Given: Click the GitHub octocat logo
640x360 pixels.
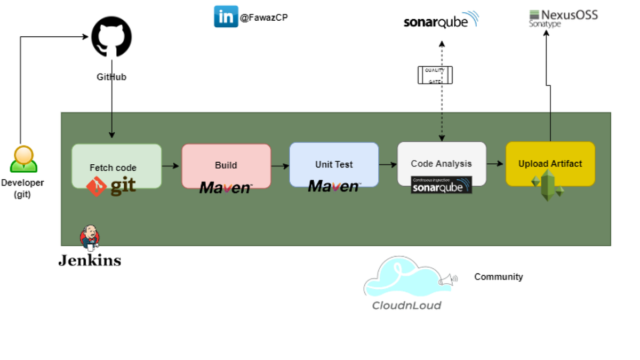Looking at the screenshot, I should pyautogui.click(x=111, y=37).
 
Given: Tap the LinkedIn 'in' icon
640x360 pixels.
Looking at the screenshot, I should pyautogui.click(x=226, y=17).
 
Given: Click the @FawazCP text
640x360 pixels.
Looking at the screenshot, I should pyautogui.click(x=263, y=18).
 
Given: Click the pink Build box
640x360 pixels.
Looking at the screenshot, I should pyautogui.click(x=226, y=160).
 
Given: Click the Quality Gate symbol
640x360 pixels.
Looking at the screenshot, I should pyautogui.click(x=435, y=75).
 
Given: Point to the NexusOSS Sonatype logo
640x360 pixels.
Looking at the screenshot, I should pyautogui.click(x=563, y=18).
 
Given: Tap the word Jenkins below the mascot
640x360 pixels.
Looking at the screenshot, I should pyautogui.click(x=90, y=261).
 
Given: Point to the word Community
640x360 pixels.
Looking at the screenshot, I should pyautogui.click(x=498, y=277).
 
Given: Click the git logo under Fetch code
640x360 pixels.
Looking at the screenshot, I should pyautogui.click(x=111, y=187).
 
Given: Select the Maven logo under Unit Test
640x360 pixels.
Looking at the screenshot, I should pyautogui.click(x=334, y=186).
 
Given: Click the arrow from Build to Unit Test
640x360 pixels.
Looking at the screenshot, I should pyautogui.click(x=279, y=166).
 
